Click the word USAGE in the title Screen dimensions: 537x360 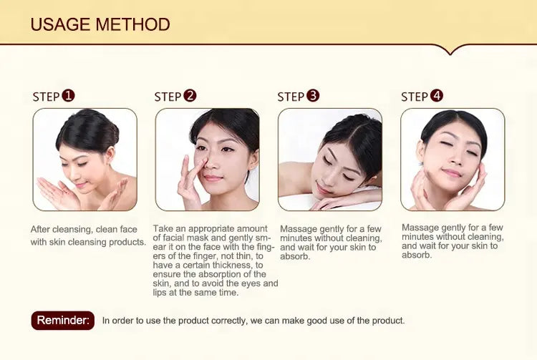click(60, 24)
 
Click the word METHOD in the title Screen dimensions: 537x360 click(133, 24)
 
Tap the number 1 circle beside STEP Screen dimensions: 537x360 click(68, 95)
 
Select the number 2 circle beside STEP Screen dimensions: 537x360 click(190, 95)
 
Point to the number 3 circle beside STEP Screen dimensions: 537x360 click(313, 95)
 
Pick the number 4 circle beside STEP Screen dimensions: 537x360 click(436, 95)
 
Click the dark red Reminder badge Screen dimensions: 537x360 click(63, 321)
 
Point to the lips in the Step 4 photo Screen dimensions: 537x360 click(452, 172)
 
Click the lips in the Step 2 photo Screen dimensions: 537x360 click(213, 178)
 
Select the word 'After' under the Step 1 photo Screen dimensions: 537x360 click(40, 229)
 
